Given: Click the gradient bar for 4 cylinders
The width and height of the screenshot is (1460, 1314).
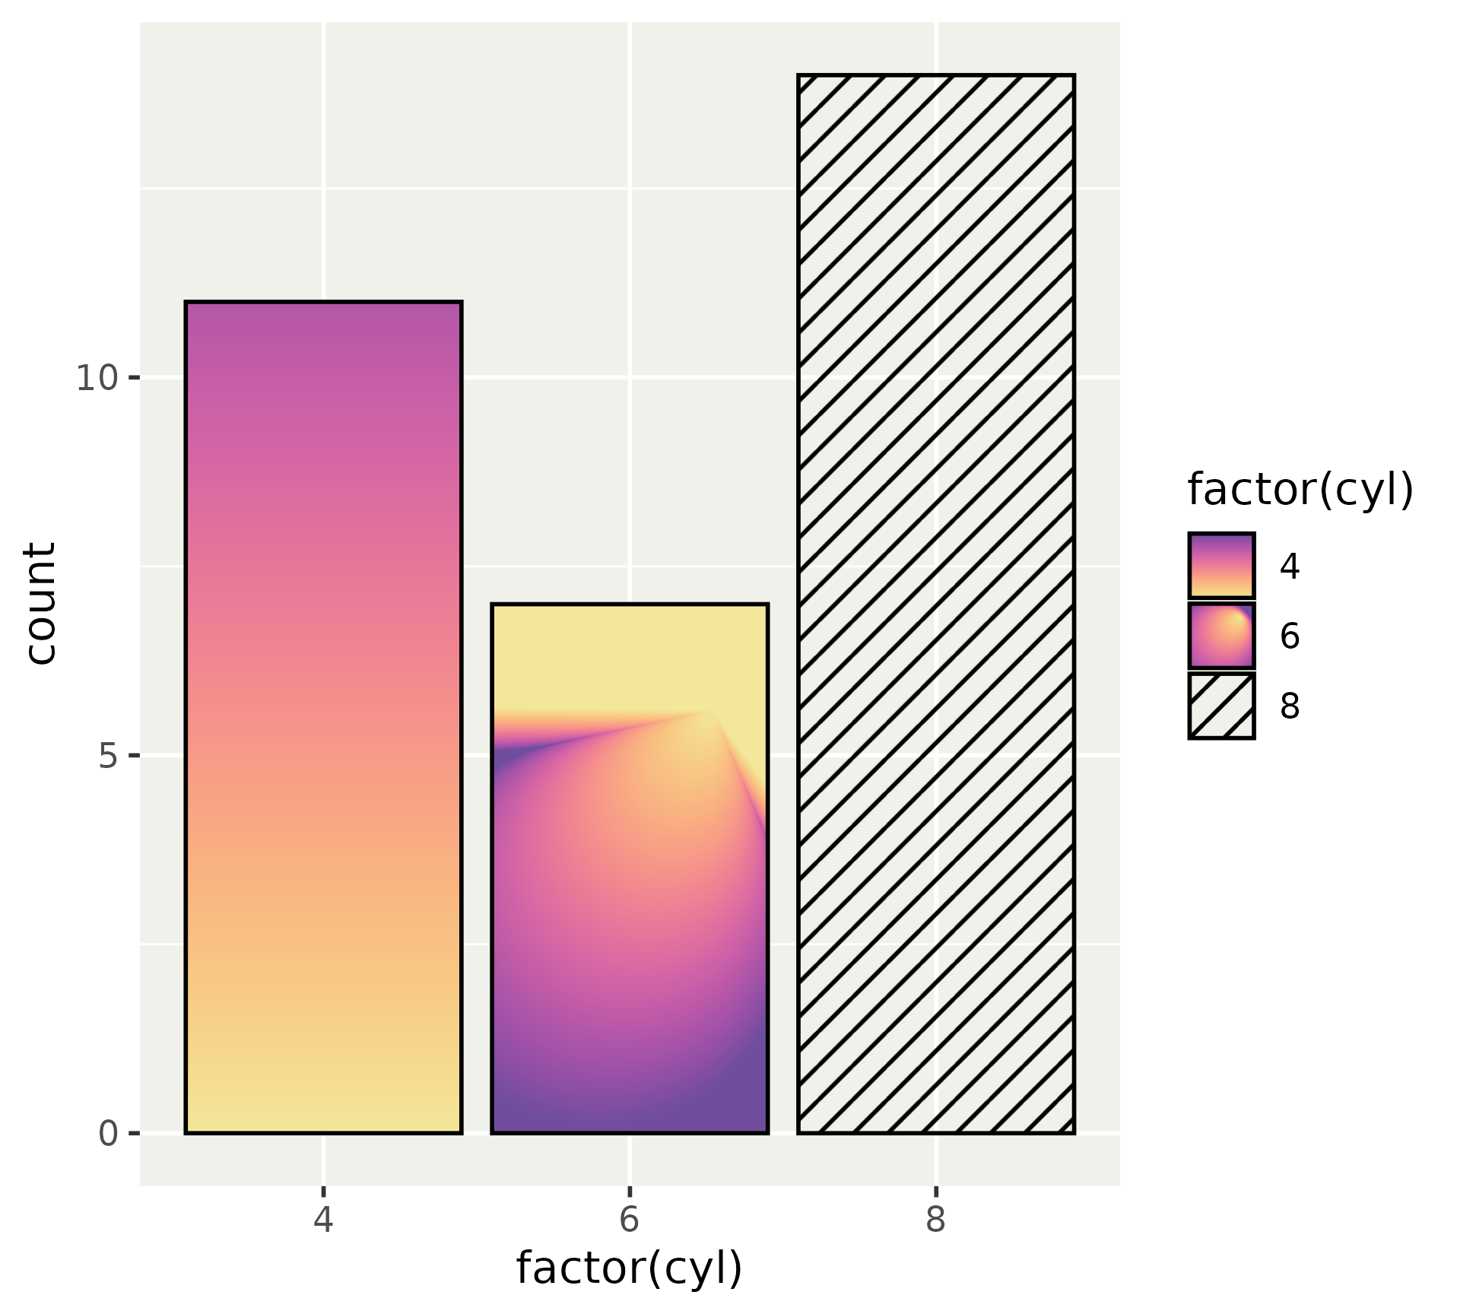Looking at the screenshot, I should pyautogui.click(x=323, y=717).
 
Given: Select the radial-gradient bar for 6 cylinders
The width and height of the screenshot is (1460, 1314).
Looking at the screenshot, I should pyautogui.click(x=630, y=868).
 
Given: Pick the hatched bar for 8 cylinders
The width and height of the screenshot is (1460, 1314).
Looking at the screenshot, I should pyautogui.click(x=935, y=604).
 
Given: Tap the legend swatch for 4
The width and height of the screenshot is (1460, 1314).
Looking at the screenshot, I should pyautogui.click(x=1221, y=566).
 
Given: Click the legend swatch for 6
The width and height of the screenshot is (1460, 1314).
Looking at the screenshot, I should pyautogui.click(x=1221, y=636).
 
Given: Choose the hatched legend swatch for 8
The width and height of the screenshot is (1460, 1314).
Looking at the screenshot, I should pyautogui.click(x=1221, y=706).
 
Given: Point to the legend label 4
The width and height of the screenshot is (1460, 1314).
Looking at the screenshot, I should pyautogui.click(x=1290, y=567).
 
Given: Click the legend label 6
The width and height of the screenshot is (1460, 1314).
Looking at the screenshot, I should pyautogui.click(x=1290, y=636).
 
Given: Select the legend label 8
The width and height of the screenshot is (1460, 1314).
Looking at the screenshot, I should pyautogui.click(x=1290, y=706).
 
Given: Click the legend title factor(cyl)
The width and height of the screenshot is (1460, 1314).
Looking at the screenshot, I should pyautogui.click(x=1300, y=489).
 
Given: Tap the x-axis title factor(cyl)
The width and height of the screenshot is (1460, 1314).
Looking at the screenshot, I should pyautogui.click(x=629, y=1268).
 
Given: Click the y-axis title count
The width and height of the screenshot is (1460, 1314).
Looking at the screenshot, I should pyautogui.click(x=40, y=603).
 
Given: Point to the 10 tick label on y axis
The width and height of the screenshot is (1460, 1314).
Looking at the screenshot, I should pyautogui.click(x=97, y=378).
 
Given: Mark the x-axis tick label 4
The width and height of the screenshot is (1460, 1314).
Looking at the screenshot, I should pyautogui.click(x=323, y=1220).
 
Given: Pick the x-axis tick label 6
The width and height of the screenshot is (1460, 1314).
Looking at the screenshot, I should pyautogui.click(x=630, y=1220).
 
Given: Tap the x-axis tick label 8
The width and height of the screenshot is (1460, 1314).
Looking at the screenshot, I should pyautogui.click(x=935, y=1220).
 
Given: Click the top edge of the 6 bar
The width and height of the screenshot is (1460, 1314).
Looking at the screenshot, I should pyautogui.click(x=630, y=605).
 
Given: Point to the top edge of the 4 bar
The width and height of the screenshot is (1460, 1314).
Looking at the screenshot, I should pyautogui.click(x=323, y=303).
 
